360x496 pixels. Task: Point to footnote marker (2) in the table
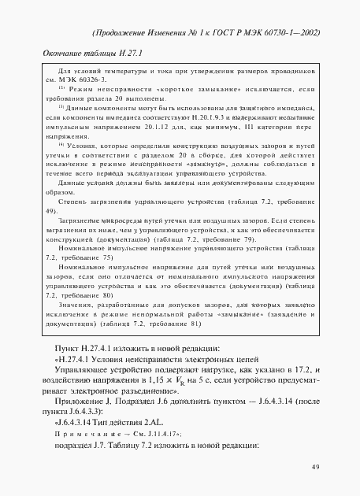[x=61, y=88]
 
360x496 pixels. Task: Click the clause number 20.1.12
[x=178, y=125]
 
